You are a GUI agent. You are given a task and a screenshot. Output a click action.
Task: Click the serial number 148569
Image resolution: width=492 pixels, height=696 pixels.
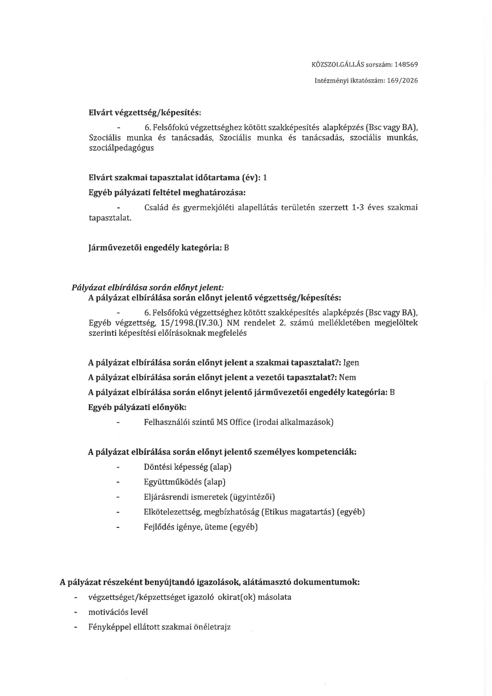coord(406,64)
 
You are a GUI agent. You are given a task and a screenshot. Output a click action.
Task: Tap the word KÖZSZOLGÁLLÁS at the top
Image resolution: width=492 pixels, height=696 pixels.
coord(338,64)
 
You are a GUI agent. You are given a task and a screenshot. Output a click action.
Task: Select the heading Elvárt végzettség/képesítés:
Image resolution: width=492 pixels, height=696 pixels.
coord(145,112)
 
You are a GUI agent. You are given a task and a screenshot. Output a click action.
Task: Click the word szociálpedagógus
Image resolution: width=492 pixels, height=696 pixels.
coord(121,148)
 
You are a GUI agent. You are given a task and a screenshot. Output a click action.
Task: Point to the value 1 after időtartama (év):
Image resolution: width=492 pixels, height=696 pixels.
coord(265,178)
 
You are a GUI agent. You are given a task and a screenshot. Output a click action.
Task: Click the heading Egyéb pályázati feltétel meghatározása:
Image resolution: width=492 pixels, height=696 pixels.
coord(167,193)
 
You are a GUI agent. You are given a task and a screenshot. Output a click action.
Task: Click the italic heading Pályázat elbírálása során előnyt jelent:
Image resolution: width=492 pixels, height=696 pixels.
coord(148,287)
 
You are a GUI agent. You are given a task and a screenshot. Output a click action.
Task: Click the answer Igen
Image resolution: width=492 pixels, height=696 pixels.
coord(351,362)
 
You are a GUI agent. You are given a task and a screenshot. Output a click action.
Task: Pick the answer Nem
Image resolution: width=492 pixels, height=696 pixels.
coord(347,377)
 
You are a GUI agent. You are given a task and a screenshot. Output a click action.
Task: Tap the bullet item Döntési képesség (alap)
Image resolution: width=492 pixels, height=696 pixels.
coord(188,467)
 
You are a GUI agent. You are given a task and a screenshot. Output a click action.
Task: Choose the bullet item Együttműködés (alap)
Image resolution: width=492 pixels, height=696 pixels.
coord(184,482)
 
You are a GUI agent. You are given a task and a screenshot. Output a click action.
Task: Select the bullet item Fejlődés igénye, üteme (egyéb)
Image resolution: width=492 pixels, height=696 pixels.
coord(201,527)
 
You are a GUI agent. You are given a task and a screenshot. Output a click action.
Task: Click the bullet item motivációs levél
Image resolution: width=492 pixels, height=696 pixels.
coord(118,612)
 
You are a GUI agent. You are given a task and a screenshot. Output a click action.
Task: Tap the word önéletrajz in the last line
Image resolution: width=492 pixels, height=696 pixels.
coord(212,627)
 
